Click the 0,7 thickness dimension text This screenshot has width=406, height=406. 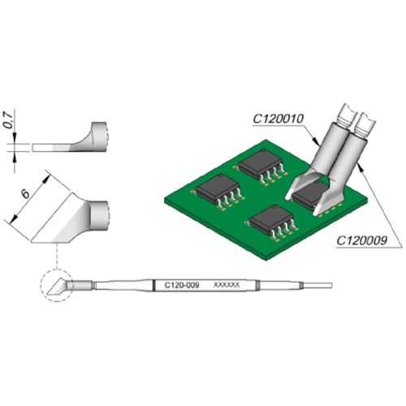coord(8,119)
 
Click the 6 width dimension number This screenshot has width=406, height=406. coord(25,194)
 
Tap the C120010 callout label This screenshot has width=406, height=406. coord(279,119)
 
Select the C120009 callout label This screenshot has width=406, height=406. coord(361,240)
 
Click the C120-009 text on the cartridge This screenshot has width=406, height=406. coord(182,285)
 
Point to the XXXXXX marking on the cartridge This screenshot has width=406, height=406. coord(227,285)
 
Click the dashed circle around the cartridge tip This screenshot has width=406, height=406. coord(57,286)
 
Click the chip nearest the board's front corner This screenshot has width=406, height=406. coord(271,222)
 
